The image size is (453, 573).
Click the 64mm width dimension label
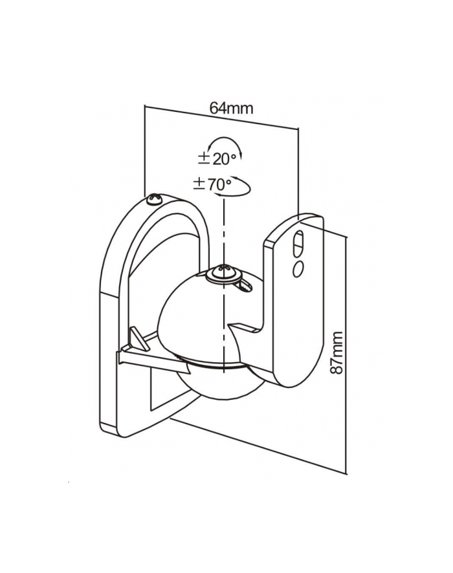(230, 109)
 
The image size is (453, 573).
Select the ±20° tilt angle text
(216, 158)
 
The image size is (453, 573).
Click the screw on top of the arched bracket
(155, 199)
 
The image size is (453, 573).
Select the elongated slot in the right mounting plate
(298, 243)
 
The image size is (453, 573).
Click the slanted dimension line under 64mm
(220, 120)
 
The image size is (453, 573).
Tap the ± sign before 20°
(203, 158)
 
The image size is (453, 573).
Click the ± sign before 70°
(199, 184)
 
